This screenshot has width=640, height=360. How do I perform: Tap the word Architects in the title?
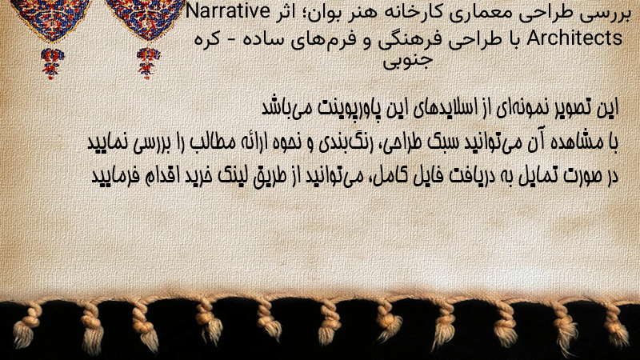574,38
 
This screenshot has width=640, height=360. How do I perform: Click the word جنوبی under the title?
407,62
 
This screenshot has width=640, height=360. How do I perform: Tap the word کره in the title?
207,39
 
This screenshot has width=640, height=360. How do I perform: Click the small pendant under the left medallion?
52,63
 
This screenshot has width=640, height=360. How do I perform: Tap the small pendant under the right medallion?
148,63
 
